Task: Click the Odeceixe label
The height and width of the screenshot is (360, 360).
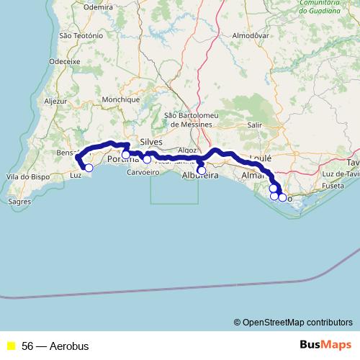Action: (64, 62)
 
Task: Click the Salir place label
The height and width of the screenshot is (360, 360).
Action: (254, 125)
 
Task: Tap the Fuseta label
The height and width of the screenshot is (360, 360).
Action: (334, 186)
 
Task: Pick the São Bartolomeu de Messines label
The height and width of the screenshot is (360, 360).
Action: (189, 120)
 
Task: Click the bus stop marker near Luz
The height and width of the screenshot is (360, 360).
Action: (89, 168)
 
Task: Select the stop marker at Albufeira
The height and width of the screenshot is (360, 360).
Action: (201, 171)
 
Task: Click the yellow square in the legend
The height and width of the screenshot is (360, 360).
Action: (11, 346)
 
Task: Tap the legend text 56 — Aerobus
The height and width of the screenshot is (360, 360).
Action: (55, 346)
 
